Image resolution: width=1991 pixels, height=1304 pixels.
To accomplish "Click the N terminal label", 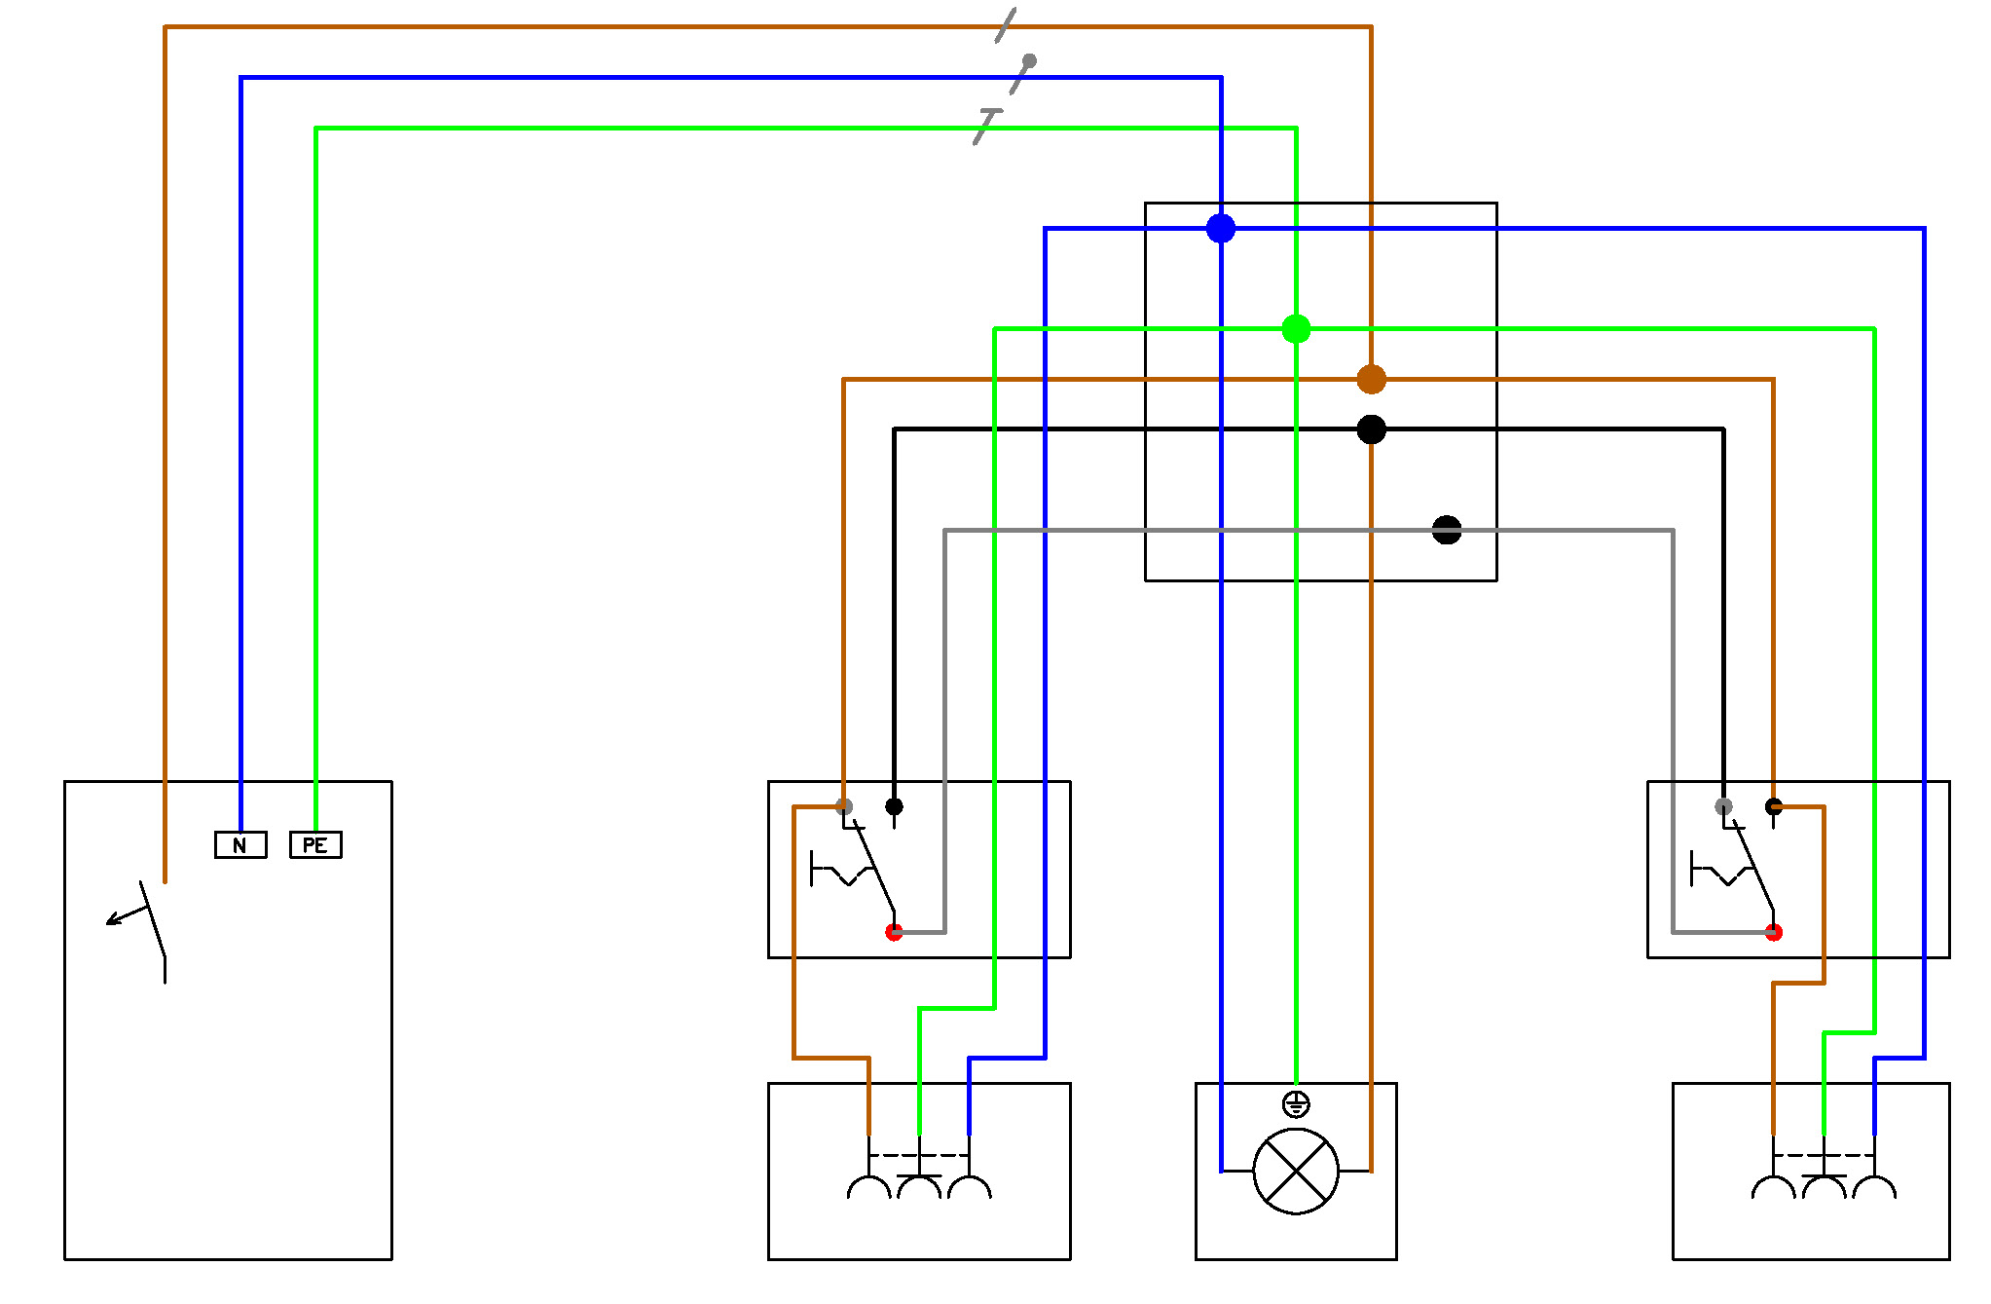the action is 240,844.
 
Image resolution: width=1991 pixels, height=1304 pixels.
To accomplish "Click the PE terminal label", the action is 315,844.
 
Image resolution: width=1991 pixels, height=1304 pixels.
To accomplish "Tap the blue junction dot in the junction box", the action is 1221,228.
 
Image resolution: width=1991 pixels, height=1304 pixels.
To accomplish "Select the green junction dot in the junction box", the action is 1296,329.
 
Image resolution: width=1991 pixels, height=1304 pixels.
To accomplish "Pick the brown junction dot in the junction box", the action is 1371,379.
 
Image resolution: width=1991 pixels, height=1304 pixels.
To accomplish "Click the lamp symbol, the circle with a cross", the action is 1296,1172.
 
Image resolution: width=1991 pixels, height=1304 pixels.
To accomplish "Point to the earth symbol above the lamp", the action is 1296,1104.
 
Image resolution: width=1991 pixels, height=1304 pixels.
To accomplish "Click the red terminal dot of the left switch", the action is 894,932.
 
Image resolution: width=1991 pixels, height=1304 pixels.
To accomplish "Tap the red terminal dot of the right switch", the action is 1774,932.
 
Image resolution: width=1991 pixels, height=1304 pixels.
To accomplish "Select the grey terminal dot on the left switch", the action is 844,806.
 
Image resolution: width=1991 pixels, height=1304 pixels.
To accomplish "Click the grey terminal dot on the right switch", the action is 1723,806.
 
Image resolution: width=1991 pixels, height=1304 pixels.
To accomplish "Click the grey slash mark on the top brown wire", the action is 1006,26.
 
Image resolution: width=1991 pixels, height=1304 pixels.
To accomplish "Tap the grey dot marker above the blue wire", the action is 1029,61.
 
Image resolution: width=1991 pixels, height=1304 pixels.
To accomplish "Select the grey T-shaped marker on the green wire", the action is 987,127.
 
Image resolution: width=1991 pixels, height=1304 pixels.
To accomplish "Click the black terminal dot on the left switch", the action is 894,806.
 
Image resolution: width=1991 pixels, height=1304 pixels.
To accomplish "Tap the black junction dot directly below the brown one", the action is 1371,428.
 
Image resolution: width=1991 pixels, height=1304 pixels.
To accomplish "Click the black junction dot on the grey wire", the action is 1447,530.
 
